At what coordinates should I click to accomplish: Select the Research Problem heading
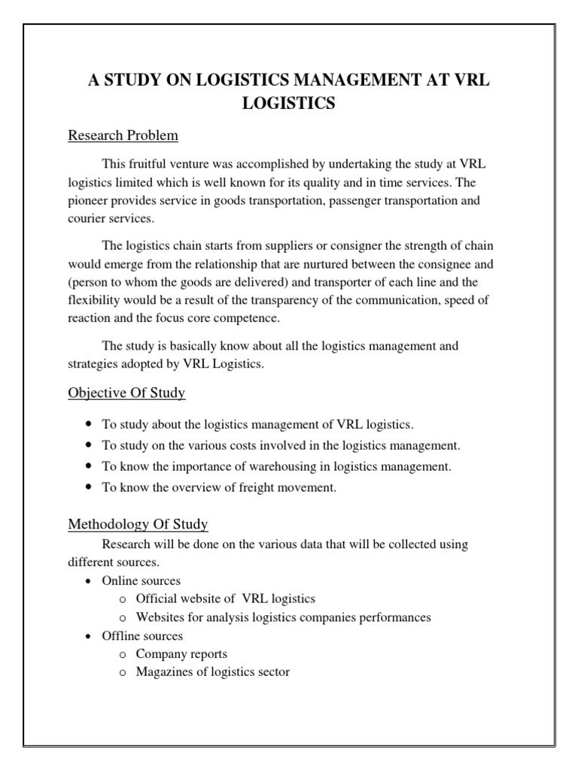point(123,136)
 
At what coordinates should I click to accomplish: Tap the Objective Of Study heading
point(126,393)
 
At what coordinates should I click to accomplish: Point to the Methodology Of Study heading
point(138,523)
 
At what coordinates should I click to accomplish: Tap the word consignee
point(448,265)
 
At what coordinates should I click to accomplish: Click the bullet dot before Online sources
point(88,581)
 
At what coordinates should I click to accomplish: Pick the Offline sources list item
point(142,636)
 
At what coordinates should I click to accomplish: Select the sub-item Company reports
point(181,654)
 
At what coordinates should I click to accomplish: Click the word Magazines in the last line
point(166,672)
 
